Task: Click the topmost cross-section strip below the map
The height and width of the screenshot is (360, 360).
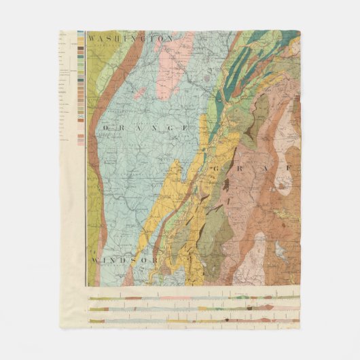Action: (194, 298)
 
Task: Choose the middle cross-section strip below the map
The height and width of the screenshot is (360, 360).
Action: (194, 309)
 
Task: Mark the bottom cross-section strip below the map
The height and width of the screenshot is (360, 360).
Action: (194, 321)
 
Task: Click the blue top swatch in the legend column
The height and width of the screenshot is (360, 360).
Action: (82, 33)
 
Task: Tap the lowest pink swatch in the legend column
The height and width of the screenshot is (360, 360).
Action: (82, 143)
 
